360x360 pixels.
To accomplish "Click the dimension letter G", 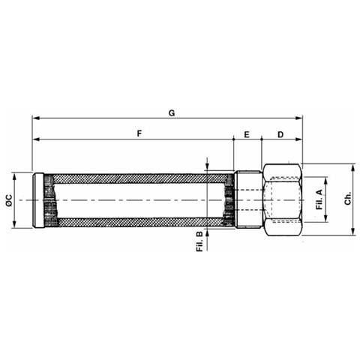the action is [172, 113].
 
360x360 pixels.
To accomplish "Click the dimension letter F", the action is [139, 133].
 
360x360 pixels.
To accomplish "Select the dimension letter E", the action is [247, 134].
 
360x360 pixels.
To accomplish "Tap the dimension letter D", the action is [280, 134].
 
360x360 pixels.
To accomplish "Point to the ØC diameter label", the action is [9, 200].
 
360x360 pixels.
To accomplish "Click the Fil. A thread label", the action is [319, 199].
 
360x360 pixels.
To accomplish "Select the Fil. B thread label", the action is [199, 241].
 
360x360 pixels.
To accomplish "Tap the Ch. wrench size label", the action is [348, 199].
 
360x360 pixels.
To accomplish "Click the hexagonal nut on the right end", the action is [283, 199].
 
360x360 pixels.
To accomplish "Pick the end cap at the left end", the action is [39, 200].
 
